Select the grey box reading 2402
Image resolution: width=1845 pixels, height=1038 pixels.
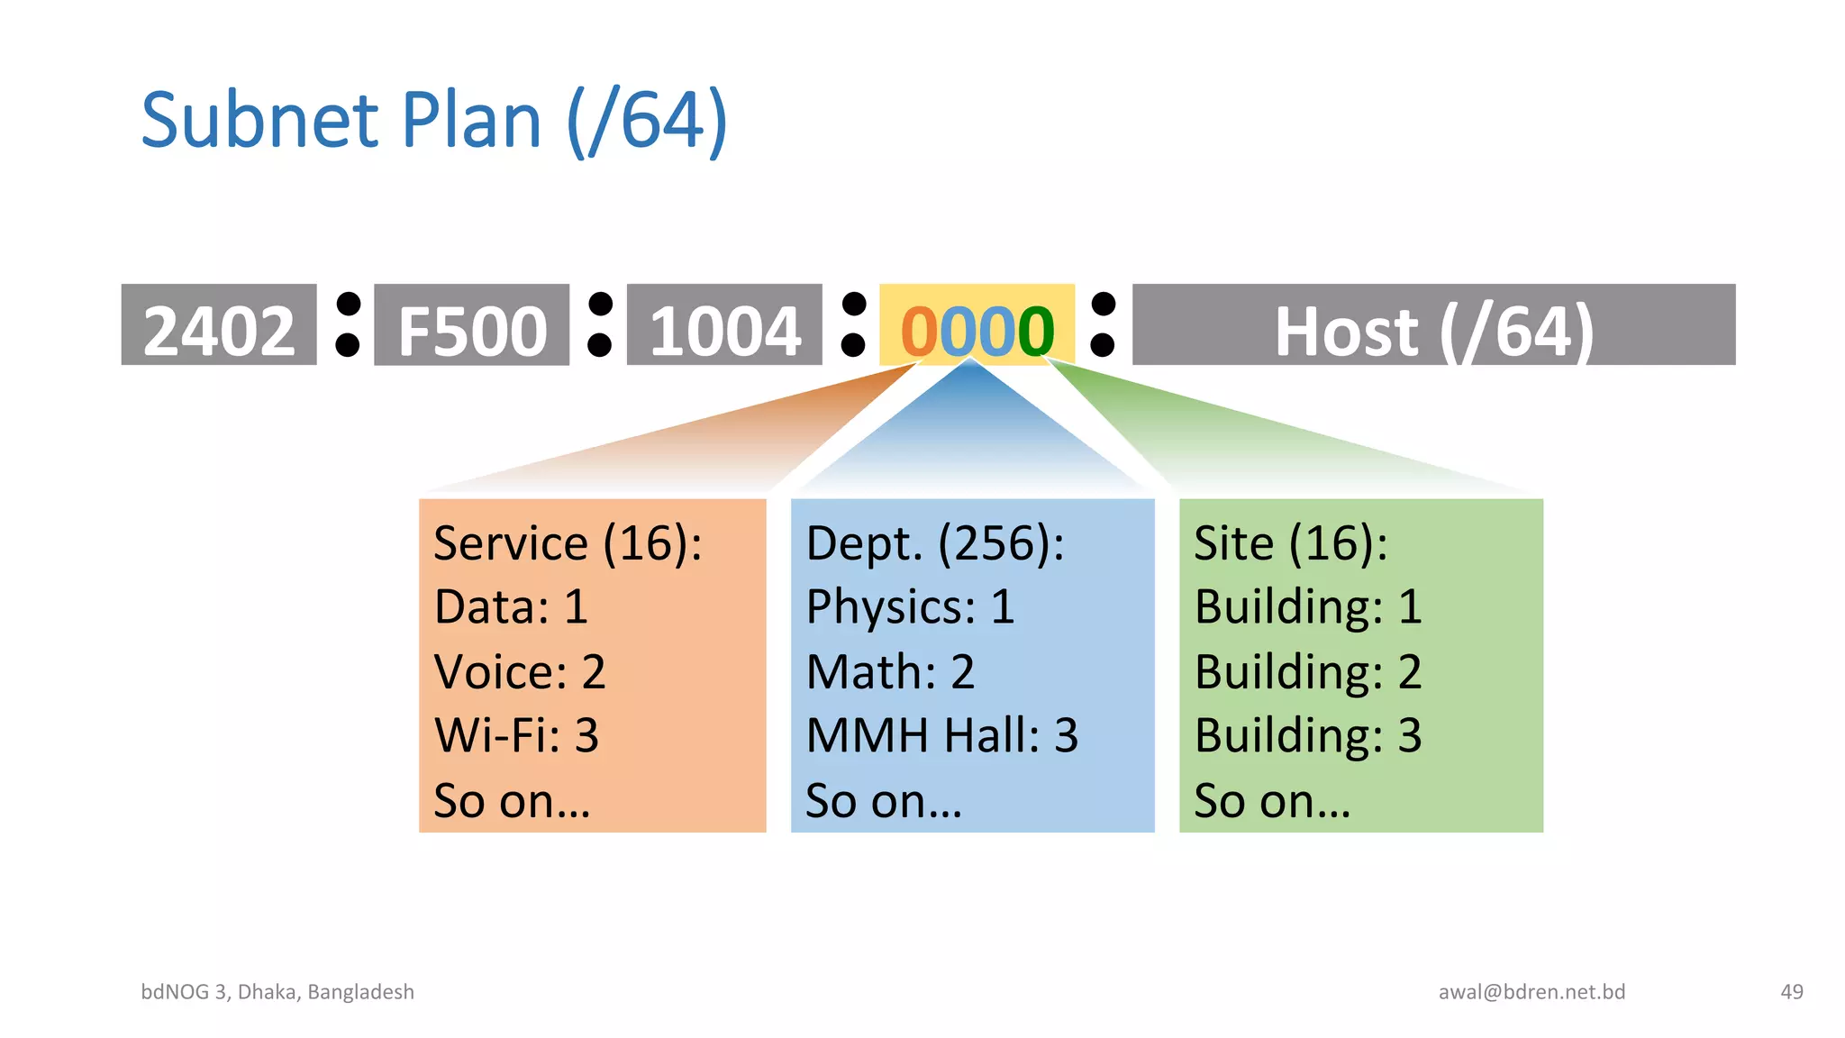(x=219, y=326)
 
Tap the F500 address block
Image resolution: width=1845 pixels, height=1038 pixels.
(x=471, y=326)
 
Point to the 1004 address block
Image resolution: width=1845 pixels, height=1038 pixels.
(x=724, y=326)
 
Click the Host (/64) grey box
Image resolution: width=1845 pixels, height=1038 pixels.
(x=1433, y=326)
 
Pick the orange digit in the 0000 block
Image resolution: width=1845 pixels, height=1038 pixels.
(x=919, y=332)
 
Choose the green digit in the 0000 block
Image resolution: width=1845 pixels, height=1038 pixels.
(x=1036, y=332)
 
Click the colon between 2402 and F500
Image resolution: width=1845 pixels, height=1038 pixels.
(x=347, y=324)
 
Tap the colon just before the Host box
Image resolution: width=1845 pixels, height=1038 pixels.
(x=1103, y=324)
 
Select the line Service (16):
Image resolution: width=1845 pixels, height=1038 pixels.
(x=568, y=543)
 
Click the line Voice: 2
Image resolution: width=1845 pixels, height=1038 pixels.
(x=519, y=672)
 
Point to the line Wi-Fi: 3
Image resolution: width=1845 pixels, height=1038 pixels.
(x=516, y=735)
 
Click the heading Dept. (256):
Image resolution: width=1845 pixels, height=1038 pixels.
(x=934, y=543)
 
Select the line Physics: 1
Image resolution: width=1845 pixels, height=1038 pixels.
(x=910, y=606)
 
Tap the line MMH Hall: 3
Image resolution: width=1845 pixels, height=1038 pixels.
(x=941, y=735)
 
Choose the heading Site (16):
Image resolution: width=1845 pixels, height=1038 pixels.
(x=1290, y=543)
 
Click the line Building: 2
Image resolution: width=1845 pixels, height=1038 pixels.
(x=1307, y=672)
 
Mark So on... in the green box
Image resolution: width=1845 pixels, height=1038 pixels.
(x=1272, y=800)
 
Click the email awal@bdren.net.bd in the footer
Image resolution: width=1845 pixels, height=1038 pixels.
(x=1531, y=992)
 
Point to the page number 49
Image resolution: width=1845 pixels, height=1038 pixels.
(x=1791, y=992)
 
